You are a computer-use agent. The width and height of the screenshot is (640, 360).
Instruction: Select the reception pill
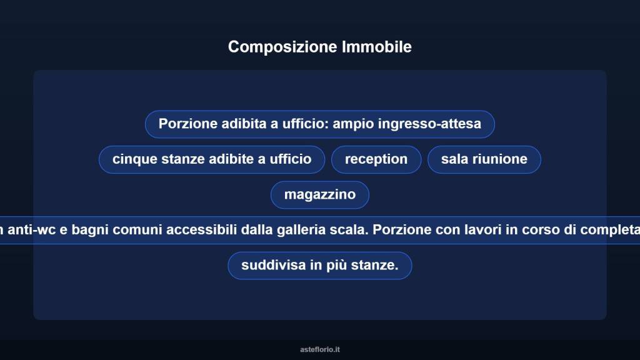[x=376, y=159]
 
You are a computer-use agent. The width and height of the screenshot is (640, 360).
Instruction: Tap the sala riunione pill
[x=484, y=159]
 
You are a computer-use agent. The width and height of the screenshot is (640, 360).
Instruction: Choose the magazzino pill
[x=320, y=194]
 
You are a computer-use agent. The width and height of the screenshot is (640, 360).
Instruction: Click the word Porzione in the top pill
[x=187, y=124]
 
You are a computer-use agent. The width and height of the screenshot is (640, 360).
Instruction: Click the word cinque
[x=132, y=159]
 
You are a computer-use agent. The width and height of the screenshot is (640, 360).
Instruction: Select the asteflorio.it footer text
[x=320, y=349]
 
